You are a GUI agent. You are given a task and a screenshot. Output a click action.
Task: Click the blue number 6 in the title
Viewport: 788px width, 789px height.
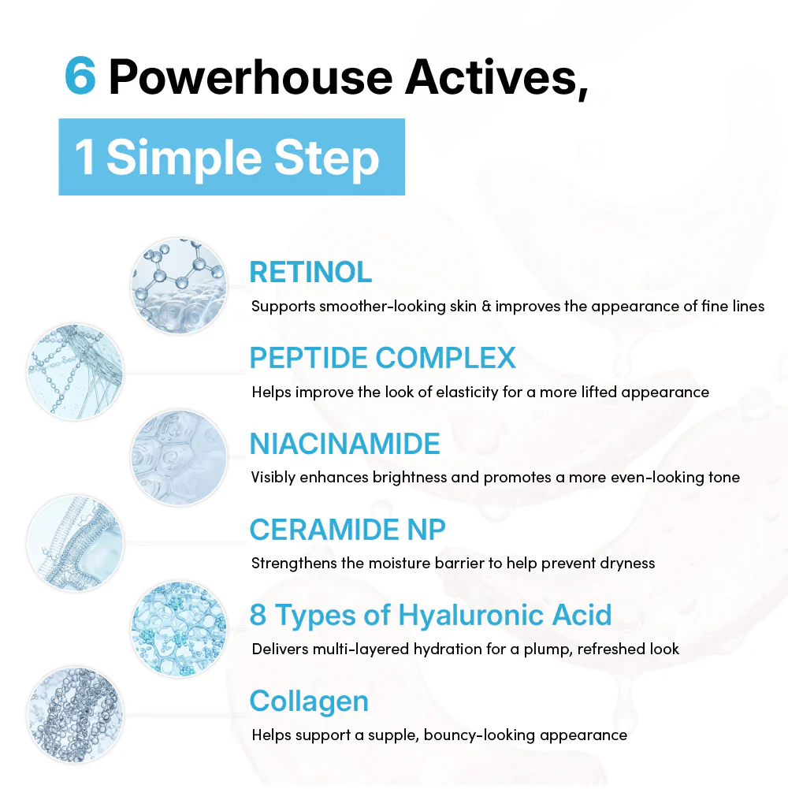80,76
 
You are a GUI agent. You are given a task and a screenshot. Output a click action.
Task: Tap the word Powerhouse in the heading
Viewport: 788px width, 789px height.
250,77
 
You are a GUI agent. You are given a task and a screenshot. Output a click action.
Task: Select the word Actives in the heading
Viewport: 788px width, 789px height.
496,78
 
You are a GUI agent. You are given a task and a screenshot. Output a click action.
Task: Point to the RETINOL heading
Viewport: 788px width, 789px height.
310,272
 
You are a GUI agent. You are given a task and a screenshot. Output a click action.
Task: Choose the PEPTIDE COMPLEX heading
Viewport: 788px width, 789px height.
382,358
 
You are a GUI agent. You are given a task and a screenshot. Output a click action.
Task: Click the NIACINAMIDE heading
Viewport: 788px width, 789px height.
344,444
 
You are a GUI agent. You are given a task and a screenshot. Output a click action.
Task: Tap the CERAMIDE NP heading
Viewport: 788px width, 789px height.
348,530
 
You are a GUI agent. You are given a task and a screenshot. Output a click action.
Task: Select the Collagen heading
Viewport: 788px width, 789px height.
309,702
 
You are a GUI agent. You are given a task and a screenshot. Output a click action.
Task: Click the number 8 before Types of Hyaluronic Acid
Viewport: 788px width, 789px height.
258,616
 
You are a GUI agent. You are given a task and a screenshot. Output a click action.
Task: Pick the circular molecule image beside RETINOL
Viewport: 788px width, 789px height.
179,286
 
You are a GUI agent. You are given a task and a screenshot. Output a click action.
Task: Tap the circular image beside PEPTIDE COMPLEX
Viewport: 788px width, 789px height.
75,372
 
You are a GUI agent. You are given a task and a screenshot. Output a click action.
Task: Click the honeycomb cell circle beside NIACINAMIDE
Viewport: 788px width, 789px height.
179,458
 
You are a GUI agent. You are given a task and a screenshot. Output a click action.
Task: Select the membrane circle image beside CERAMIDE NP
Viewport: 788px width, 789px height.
75,543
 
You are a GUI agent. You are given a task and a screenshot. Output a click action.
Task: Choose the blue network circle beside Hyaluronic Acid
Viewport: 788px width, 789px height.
179,630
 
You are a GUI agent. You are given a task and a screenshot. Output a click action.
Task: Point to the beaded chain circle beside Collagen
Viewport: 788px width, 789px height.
75,715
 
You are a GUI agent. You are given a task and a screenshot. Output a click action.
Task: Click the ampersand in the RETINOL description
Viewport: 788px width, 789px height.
485,306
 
